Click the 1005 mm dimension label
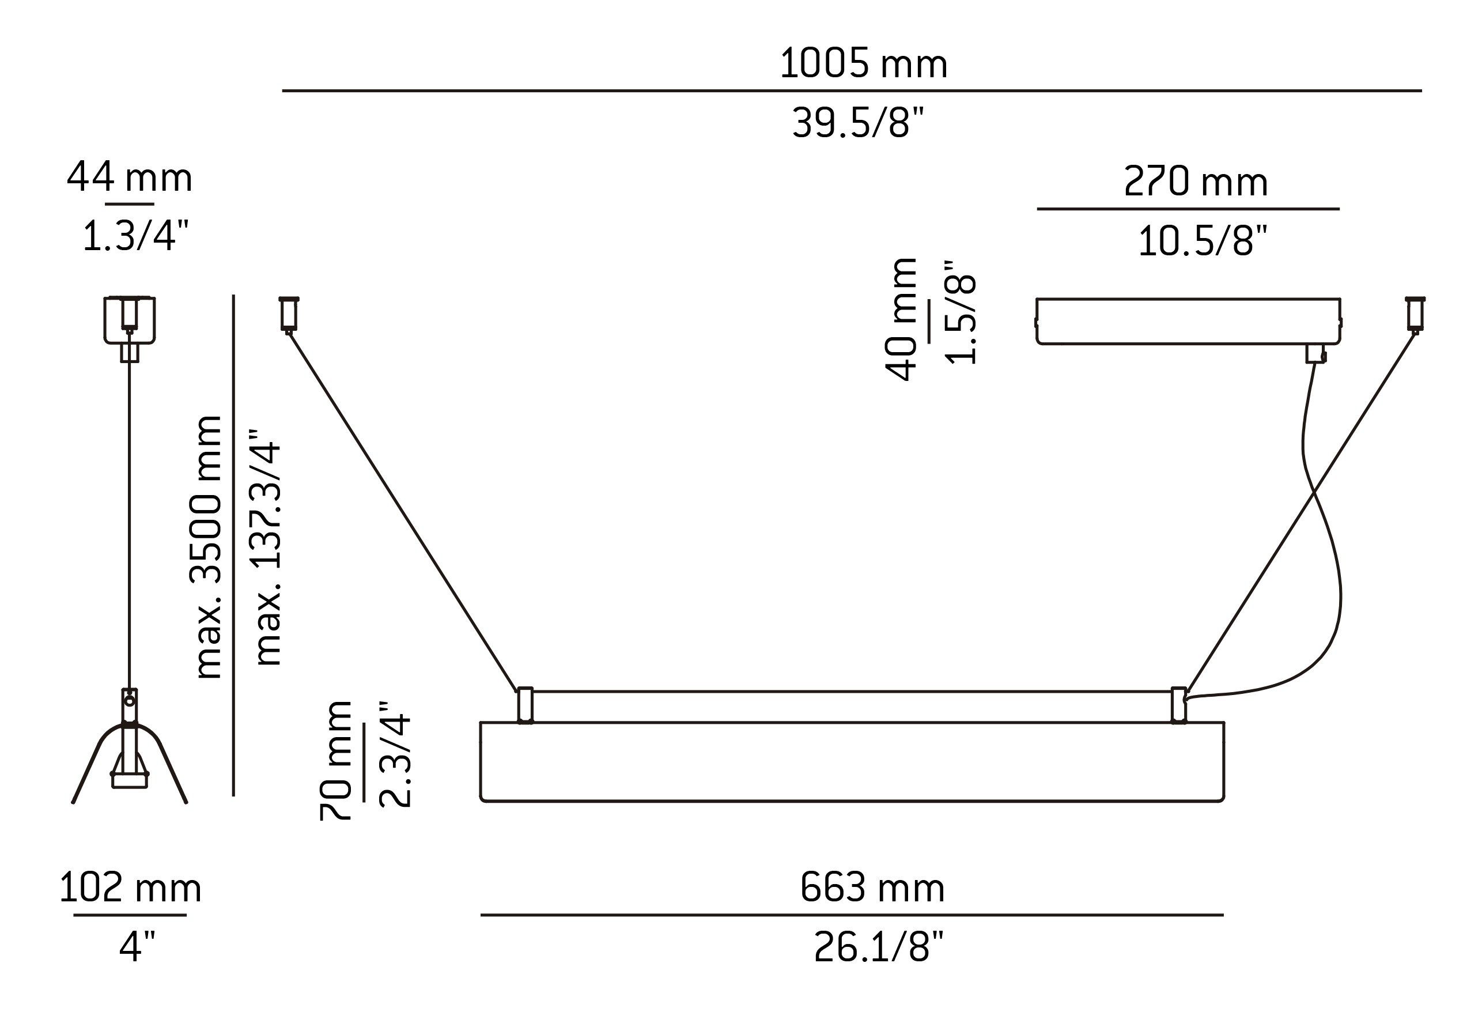point(863,64)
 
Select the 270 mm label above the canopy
point(1196,182)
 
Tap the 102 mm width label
point(130,888)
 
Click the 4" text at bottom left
point(137,947)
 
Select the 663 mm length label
point(872,888)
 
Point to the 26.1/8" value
point(878,947)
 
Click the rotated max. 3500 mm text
point(207,546)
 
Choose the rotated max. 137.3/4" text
point(267,546)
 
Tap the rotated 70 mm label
point(336,760)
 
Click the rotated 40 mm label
point(901,319)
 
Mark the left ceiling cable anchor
point(289,314)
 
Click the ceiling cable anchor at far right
point(1415,314)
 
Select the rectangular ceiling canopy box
point(1188,321)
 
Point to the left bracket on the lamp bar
point(525,705)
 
